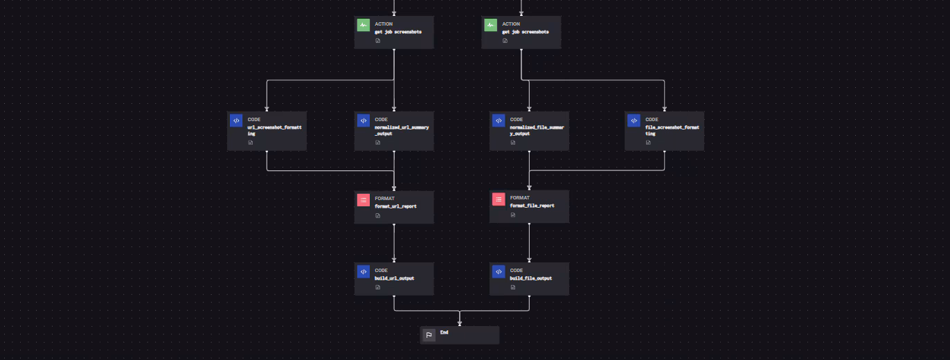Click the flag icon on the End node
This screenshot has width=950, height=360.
(x=429, y=336)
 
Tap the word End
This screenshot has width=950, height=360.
(x=445, y=333)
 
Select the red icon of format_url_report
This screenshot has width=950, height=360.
(x=364, y=200)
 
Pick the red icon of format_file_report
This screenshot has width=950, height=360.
(x=499, y=199)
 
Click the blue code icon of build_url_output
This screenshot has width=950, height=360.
(x=364, y=272)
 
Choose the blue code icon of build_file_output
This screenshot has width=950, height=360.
(x=499, y=272)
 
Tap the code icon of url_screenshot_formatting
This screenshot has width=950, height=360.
(x=236, y=120)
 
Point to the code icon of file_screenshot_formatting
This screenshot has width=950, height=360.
(x=634, y=120)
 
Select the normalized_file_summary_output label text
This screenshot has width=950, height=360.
(x=537, y=130)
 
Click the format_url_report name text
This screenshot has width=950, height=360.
(x=395, y=206)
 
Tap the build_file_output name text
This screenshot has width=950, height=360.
(x=531, y=278)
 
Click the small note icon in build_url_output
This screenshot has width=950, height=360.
(x=378, y=287)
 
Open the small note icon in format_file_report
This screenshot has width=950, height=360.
(x=513, y=215)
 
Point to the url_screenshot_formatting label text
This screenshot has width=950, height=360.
(x=275, y=130)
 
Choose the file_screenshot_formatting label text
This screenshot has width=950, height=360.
(x=672, y=130)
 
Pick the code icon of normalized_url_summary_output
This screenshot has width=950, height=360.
(x=364, y=120)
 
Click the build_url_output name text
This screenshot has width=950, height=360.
(x=395, y=278)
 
